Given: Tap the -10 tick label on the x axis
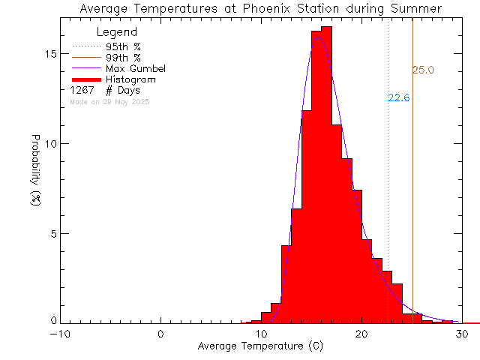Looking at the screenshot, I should tap(61, 334).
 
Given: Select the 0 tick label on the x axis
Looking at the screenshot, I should tap(161, 334).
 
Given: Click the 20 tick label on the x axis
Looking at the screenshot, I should tap(361, 334).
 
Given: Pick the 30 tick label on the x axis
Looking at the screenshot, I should tap(462, 334).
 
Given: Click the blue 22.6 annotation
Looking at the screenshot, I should tap(398, 97).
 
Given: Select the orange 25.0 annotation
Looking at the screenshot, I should tap(423, 70).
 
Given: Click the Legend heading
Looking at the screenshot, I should tap(117, 32).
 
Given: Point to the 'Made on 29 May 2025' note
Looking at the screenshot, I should tap(109, 101).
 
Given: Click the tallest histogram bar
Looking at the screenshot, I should tap(326, 172).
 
